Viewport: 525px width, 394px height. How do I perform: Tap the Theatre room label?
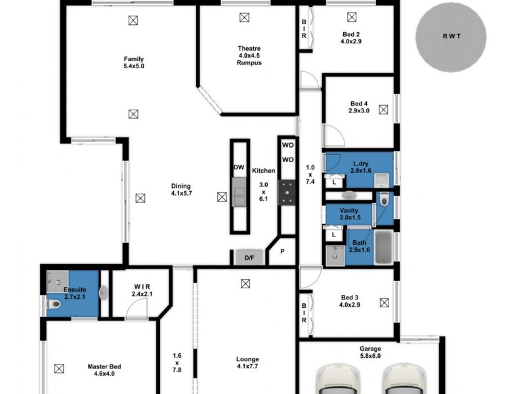[x=249, y=49]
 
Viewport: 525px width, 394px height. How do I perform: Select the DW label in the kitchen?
[x=239, y=168]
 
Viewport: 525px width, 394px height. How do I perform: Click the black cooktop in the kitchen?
[x=287, y=192]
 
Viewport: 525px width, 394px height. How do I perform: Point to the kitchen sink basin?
[x=239, y=195]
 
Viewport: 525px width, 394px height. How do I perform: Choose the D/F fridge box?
[x=249, y=258]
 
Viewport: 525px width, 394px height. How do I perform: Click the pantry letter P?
[x=283, y=252]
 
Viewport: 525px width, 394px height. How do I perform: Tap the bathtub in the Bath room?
[x=383, y=248]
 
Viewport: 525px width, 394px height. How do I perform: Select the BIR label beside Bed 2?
[x=304, y=29]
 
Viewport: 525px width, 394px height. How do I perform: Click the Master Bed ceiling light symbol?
[x=59, y=368]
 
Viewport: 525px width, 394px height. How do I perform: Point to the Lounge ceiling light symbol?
[x=245, y=284]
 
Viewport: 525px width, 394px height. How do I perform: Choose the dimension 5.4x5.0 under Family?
[x=133, y=66]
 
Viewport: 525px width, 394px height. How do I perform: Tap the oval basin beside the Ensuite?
[x=103, y=293]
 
